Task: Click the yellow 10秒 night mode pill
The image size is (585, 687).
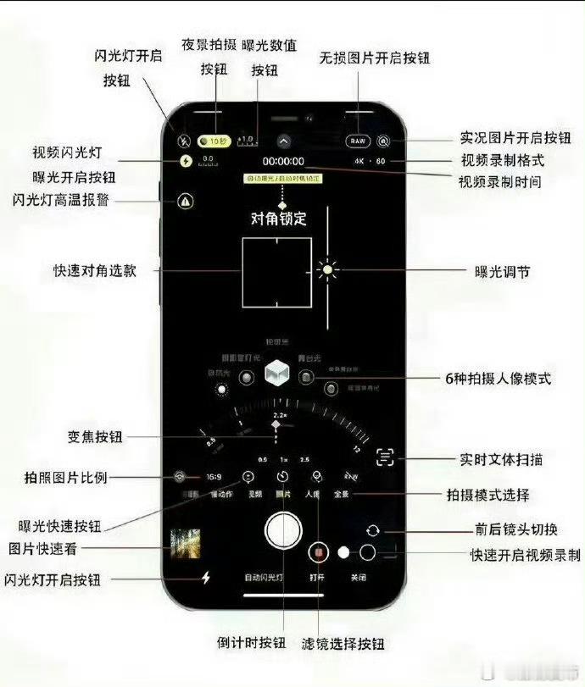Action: pos(213,141)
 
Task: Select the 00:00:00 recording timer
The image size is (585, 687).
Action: pos(283,161)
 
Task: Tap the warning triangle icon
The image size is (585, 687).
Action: pos(186,202)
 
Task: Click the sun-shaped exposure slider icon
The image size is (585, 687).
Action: pos(328,270)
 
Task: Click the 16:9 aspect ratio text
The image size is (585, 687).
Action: pos(214,477)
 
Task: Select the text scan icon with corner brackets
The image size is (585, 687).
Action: pos(387,457)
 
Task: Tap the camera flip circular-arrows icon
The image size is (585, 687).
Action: pos(372,530)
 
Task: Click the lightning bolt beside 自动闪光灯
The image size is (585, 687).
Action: pos(206,578)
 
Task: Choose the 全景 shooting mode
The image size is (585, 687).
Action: pos(341,495)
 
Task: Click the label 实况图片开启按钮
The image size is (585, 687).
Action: pos(515,137)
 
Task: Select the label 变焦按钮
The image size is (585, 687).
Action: pos(94,437)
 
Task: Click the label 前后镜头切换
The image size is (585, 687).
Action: pos(515,530)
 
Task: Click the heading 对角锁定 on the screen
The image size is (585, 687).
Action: pos(278,219)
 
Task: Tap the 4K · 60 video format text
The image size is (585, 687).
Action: pos(370,161)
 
